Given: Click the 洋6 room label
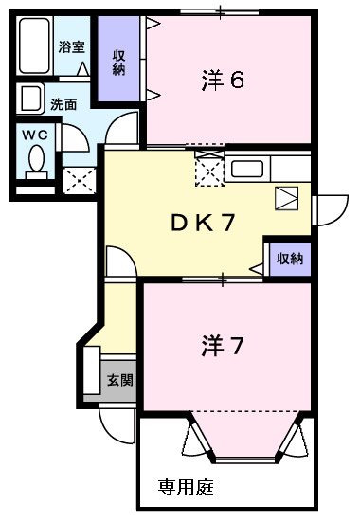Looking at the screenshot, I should pos(224,80).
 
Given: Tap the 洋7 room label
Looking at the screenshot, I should pos(224,347).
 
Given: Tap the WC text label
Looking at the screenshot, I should pos(36,135).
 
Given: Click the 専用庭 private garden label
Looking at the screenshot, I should pos(186,488).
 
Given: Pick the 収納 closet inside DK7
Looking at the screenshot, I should pos(289,258).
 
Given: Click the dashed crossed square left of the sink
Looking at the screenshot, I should pos(208,170).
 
